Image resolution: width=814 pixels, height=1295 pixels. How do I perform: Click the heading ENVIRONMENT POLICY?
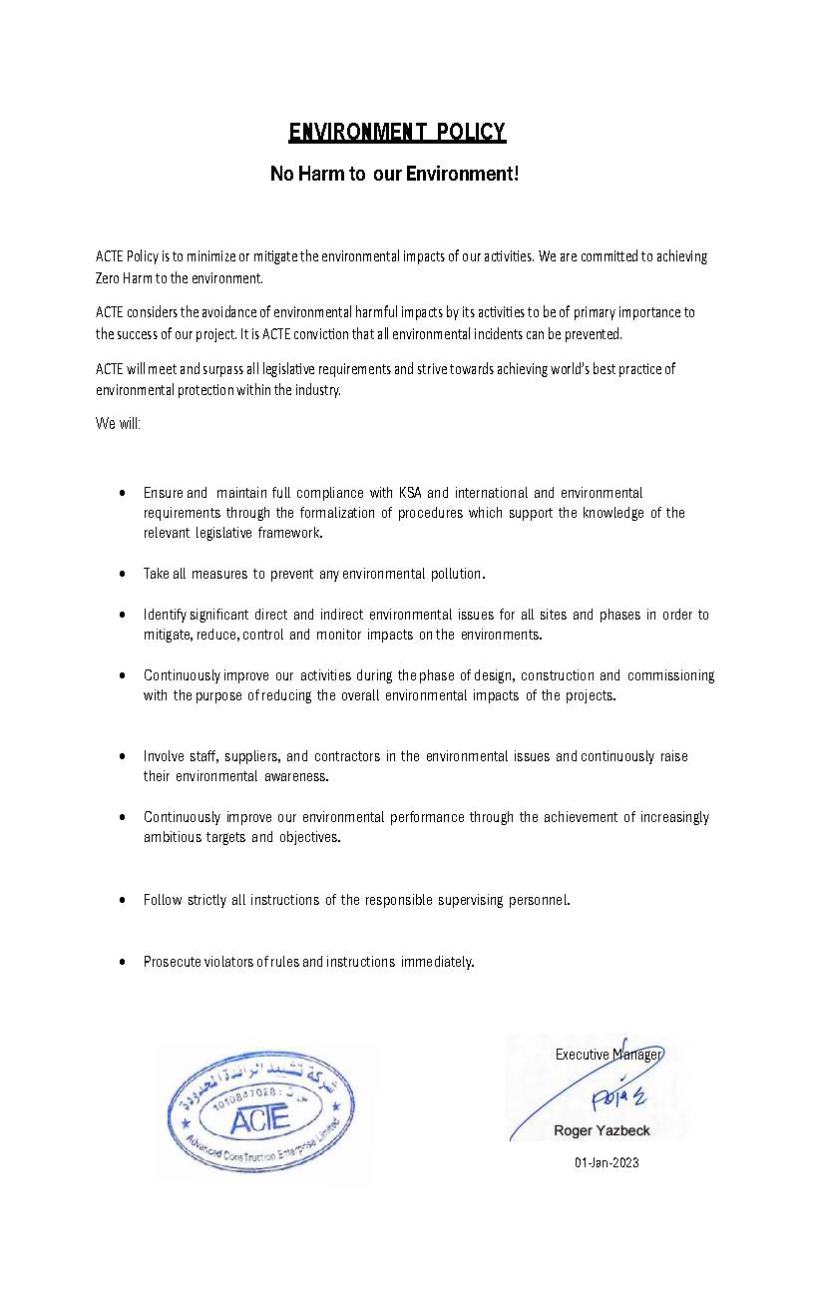tap(397, 132)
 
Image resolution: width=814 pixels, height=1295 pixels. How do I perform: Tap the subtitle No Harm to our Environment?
tap(395, 174)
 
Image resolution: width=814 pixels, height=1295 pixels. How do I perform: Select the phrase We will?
tap(119, 422)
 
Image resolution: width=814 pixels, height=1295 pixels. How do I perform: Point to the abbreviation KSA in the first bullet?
tap(410, 493)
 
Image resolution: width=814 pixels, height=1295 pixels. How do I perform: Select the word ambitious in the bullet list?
tap(172, 837)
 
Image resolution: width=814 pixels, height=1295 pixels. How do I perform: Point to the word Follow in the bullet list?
tap(163, 900)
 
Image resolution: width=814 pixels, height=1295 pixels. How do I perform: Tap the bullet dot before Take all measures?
tap(121, 575)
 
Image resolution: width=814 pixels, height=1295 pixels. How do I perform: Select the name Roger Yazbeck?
tap(602, 1130)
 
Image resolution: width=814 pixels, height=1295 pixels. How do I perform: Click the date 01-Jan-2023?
tap(607, 1162)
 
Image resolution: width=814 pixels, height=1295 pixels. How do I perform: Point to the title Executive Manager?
tap(609, 1055)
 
